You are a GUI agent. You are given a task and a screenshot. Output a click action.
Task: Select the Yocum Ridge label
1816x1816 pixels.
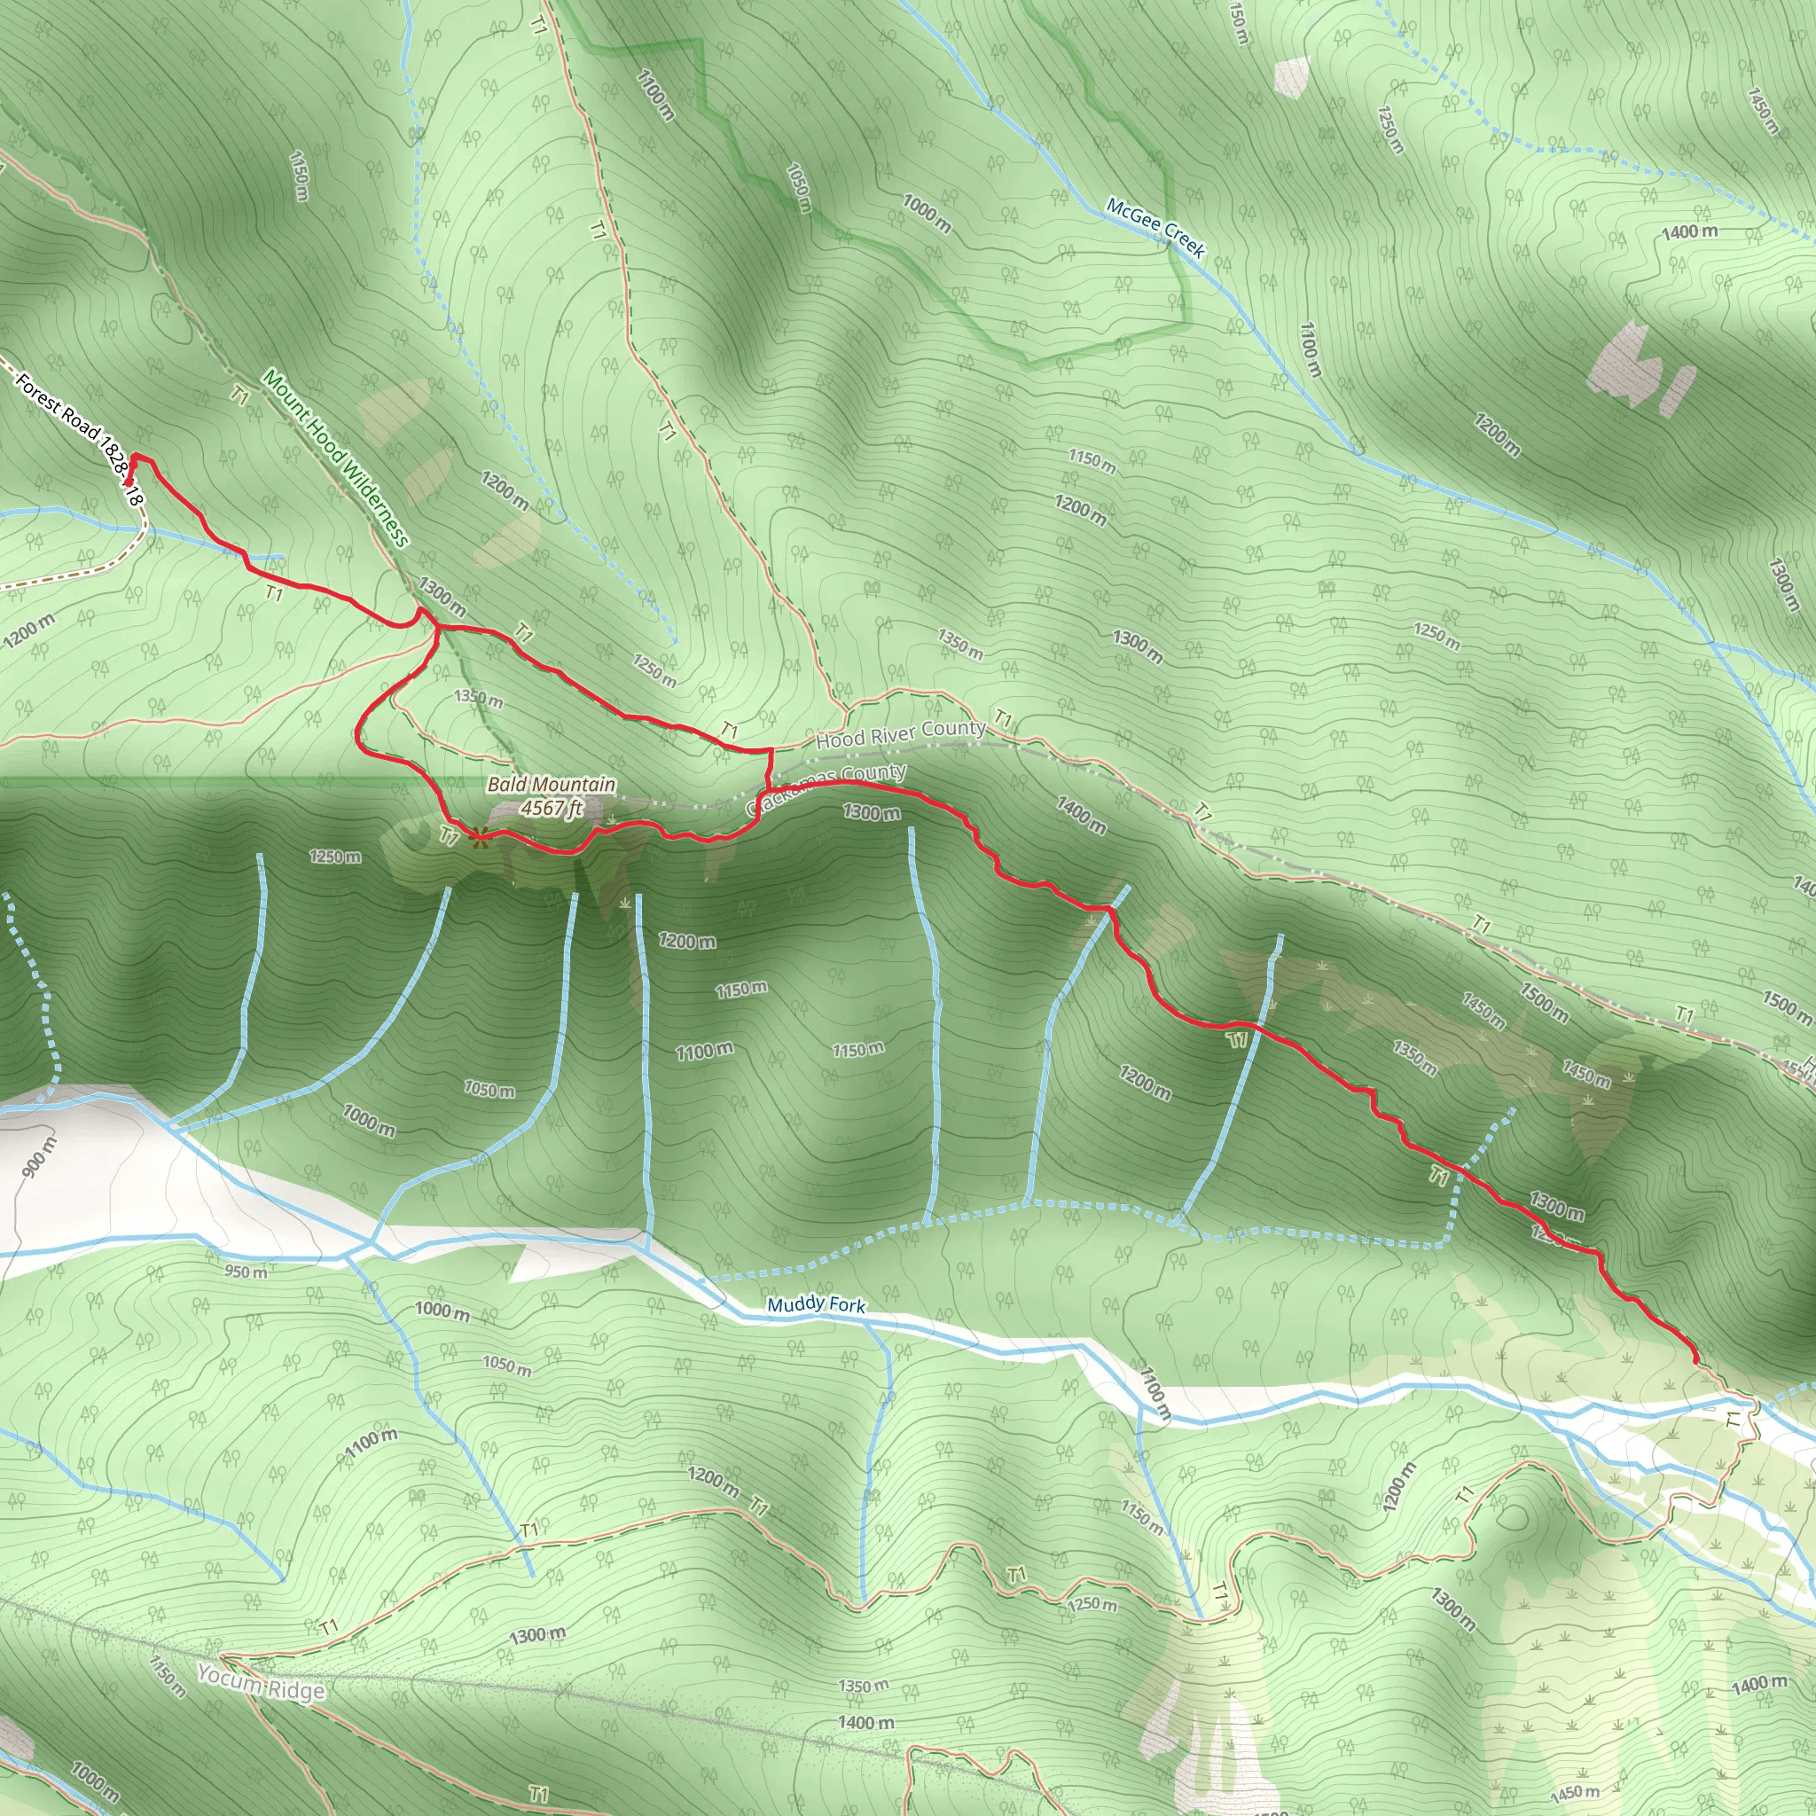262,1681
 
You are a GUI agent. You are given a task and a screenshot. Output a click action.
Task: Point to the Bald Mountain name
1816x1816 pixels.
552,785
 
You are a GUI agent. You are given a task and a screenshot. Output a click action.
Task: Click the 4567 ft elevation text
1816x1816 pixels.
552,809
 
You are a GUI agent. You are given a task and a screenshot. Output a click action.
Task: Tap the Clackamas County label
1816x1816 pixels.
827,789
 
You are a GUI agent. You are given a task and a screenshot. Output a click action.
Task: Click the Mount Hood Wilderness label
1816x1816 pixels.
335,458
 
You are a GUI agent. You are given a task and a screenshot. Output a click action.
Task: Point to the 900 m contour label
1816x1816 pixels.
37,1156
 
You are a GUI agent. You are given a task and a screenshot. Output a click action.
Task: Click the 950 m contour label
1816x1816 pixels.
246,1272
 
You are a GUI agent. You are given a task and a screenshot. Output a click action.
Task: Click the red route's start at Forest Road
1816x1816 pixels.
129,481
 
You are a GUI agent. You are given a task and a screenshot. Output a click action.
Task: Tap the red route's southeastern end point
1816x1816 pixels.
1695,1359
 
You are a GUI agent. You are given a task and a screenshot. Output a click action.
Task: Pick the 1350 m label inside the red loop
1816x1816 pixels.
479,699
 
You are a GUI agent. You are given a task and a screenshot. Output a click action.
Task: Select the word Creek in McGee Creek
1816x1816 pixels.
1184,239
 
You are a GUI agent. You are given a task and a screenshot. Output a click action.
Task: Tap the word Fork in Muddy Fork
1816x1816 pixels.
845,1305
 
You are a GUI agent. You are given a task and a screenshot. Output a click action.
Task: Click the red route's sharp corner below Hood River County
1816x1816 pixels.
771,750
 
